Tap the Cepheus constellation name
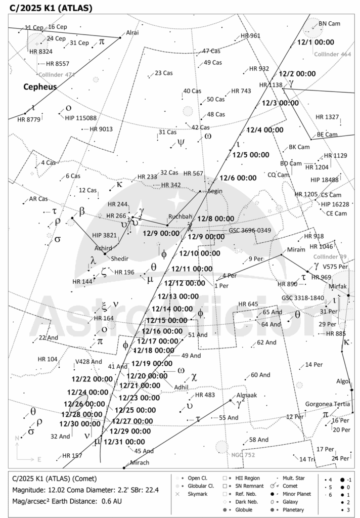pyautogui.click(x=40, y=87)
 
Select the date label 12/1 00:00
pyautogui.click(x=317, y=42)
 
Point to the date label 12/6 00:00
pyautogui.click(x=239, y=178)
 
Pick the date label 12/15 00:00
pyautogui.click(x=167, y=320)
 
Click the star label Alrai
pyautogui.click(x=132, y=33)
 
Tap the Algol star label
pyautogui.click(x=343, y=381)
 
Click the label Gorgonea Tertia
pyautogui.click(x=328, y=404)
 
